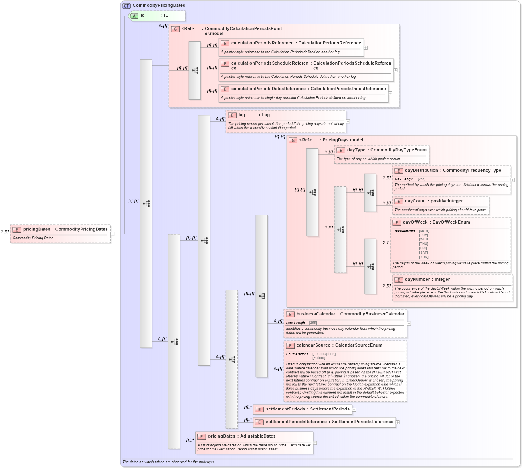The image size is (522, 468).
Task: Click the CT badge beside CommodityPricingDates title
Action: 126,6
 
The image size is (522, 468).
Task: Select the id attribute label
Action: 142,16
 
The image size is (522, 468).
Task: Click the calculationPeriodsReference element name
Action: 262,43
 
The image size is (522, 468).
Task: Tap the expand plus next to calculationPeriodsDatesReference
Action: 390,93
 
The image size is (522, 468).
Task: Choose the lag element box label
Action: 242,115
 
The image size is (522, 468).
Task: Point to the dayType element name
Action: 356,150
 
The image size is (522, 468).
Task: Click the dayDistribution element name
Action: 422,171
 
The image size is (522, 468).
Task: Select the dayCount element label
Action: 415,201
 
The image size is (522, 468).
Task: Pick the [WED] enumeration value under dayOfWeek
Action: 423,240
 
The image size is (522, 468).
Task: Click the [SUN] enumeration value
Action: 423,257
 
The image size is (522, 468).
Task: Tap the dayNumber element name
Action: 417,280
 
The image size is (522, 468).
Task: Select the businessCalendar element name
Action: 316,314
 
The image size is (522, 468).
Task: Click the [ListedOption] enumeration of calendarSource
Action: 324,354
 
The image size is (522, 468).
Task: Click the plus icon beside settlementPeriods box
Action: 354,409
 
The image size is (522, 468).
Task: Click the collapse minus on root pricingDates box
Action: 112,234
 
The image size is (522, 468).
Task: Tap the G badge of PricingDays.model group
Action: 293,141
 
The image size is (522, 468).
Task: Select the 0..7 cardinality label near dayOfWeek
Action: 386,242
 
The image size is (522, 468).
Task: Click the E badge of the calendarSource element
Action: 290,346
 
